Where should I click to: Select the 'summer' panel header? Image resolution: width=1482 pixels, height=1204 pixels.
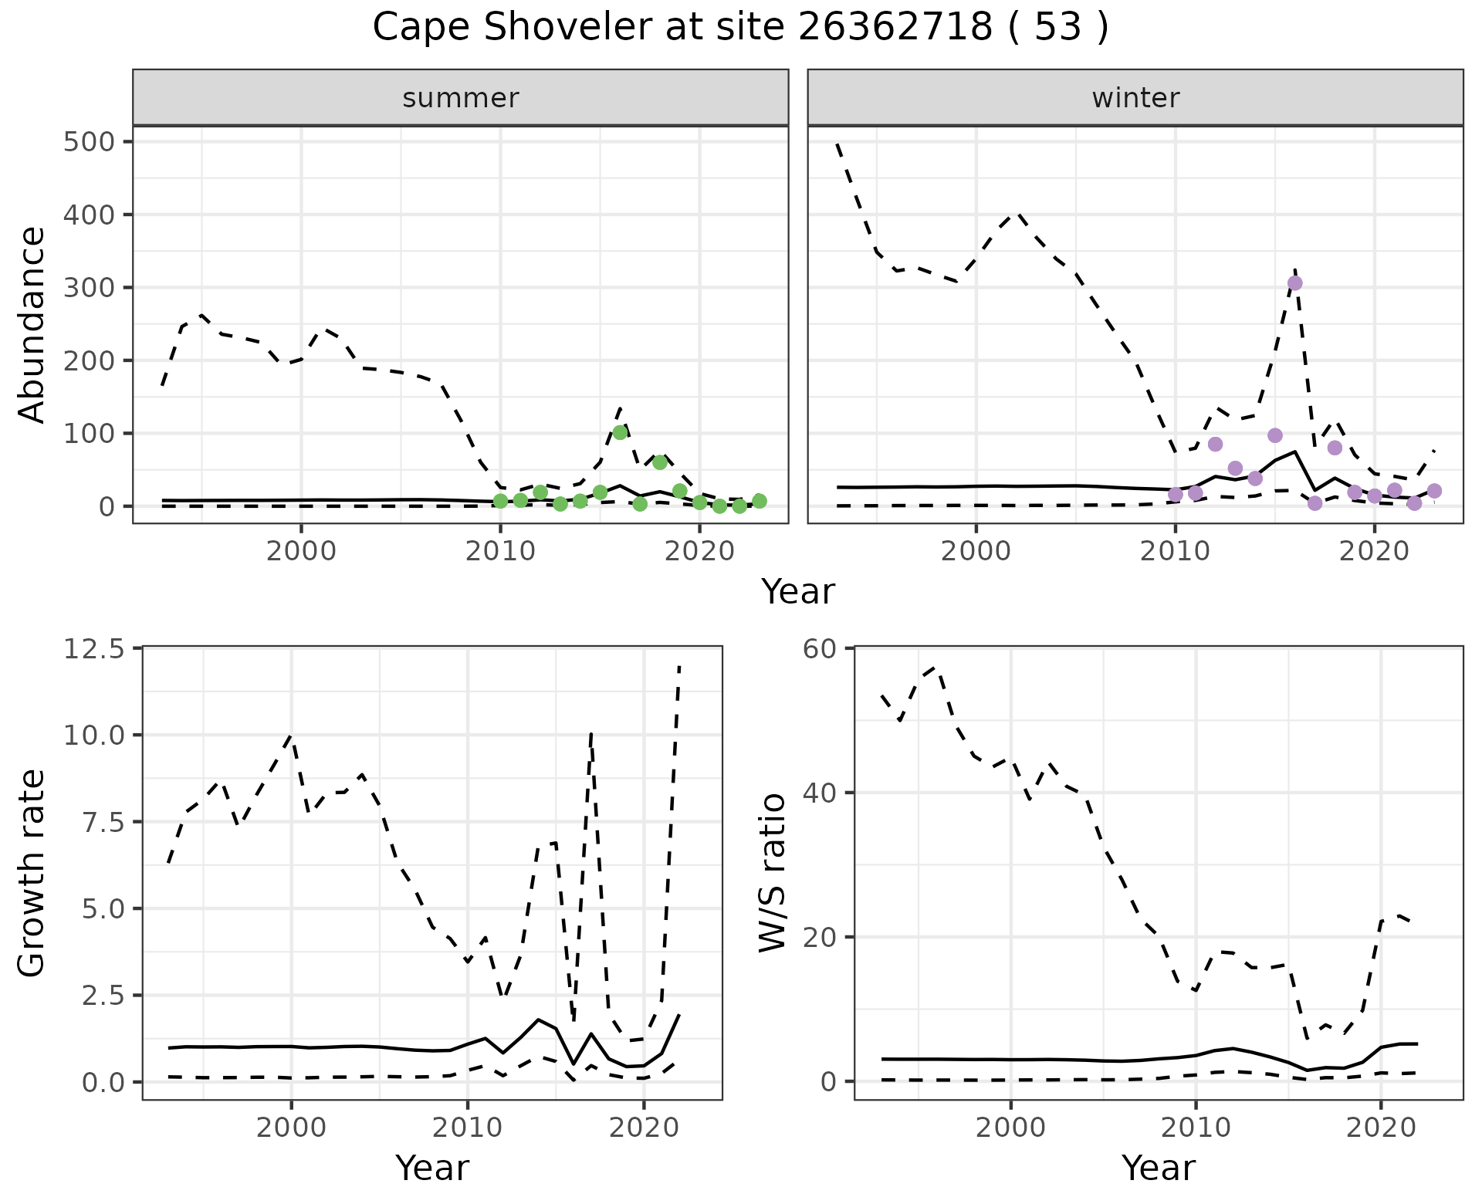click(x=460, y=98)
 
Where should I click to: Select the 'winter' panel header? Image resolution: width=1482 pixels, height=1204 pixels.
click(x=1135, y=98)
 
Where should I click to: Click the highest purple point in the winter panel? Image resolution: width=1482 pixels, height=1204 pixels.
click(x=1295, y=283)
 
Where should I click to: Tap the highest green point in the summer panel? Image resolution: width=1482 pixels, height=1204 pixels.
click(x=620, y=432)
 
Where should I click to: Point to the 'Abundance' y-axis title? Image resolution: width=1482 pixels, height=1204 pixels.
click(x=32, y=324)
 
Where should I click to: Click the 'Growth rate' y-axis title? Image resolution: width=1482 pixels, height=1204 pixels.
click(x=32, y=873)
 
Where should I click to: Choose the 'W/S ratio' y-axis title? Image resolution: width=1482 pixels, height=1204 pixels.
click(x=772, y=873)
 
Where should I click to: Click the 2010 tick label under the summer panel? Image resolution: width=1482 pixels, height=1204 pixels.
click(x=500, y=552)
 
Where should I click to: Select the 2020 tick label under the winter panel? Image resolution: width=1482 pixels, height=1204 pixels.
click(x=1374, y=552)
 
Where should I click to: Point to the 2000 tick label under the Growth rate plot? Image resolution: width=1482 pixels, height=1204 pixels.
click(x=291, y=1128)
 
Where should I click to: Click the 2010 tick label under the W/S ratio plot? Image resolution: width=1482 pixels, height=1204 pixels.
click(x=1195, y=1128)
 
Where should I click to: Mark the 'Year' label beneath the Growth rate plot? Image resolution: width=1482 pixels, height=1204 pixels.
click(x=431, y=1168)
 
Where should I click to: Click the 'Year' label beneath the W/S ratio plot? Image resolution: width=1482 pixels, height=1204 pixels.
click(x=1158, y=1168)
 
